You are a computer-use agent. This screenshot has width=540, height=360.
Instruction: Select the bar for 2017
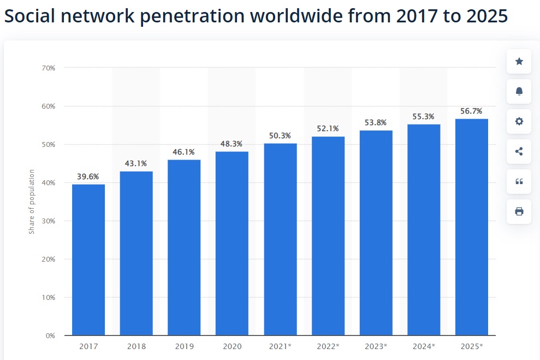click(x=88, y=259)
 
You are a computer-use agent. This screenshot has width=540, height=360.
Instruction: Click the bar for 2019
click(x=184, y=247)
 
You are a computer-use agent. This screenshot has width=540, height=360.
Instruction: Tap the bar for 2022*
click(x=328, y=235)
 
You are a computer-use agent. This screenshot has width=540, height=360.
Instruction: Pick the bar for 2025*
click(x=472, y=227)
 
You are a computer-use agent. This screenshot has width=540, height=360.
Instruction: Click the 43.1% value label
click(x=137, y=163)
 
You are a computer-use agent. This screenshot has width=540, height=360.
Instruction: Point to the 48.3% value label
click(x=232, y=144)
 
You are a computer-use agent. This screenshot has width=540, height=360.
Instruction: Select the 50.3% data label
click(x=280, y=135)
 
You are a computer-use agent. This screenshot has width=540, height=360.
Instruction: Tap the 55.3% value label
click(x=424, y=116)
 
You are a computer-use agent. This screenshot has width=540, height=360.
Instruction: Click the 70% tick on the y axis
click(x=48, y=68)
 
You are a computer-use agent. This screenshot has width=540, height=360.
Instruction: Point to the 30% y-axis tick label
click(x=48, y=221)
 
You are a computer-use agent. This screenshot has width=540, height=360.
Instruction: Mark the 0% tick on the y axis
click(x=50, y=335)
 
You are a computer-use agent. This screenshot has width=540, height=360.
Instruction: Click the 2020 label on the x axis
click(x=232, y=346)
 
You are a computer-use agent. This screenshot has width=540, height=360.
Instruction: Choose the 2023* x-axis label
click(x=376, y=346)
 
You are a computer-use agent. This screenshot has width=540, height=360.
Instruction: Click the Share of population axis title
click(x=32, y=202)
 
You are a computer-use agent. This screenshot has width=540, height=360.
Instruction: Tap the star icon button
click(x=519, y=61)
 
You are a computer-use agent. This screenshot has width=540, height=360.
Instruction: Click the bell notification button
click(x=519, y=91)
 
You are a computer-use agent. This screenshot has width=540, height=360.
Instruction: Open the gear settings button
click(x=519, y=121)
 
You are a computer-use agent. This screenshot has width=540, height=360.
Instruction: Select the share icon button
click(x=519, y=151)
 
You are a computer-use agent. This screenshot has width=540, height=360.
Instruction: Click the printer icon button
click(x=519, y=211)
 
